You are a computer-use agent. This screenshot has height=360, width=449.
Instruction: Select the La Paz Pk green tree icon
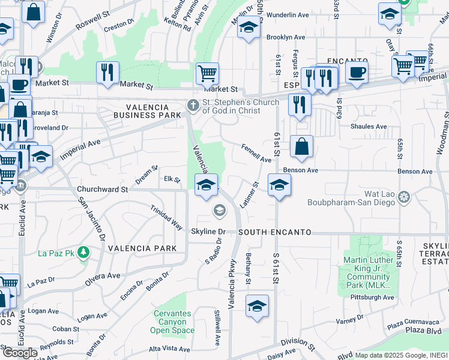pos(85,253)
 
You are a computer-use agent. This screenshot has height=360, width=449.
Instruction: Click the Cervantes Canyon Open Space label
pos(172,322)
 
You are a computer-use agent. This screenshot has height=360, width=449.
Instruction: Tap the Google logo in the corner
pos(19,353)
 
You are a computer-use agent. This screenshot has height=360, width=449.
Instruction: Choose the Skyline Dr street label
pos(208,232)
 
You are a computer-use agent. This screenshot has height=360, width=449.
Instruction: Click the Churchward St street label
pos(102,189)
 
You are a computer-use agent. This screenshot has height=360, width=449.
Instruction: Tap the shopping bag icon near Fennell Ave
pos(301,146)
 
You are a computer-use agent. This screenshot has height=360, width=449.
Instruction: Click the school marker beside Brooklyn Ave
pos(248,28)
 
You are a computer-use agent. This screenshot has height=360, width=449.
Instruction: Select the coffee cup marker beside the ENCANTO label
pos(357,72)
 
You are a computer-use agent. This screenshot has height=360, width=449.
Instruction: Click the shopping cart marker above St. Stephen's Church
pos(207,73)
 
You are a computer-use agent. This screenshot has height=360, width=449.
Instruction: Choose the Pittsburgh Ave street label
pos(373,297)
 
